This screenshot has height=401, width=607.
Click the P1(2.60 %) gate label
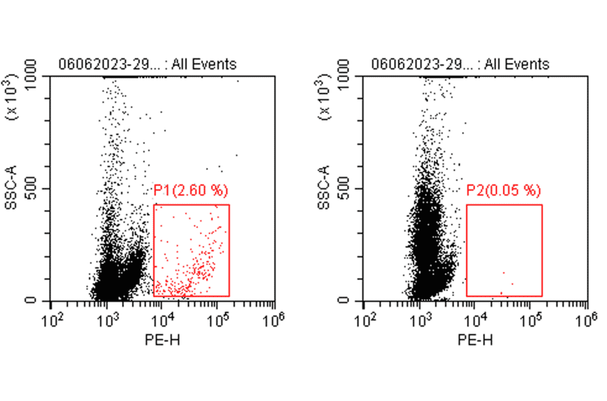192,191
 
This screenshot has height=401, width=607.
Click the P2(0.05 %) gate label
504,191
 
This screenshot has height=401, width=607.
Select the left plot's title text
148,65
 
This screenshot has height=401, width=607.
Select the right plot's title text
460,65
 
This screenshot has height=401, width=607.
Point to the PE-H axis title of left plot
162,339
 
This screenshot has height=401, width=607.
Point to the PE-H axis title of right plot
475,339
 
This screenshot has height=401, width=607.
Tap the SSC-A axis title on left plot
11,188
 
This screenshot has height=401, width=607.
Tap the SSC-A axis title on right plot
324,188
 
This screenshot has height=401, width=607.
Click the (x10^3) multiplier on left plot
11,101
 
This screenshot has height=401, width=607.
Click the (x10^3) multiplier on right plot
324,101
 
